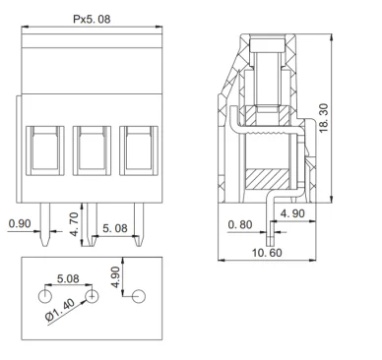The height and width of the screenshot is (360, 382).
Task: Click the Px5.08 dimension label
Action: coord(91,19)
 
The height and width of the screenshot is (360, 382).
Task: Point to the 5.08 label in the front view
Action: coord(117,228)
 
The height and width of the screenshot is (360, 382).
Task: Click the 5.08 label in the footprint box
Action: coord(69,278)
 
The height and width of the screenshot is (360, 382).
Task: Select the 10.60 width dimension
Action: coord(267,253)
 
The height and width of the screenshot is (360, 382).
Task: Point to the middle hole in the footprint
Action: coord(92,296)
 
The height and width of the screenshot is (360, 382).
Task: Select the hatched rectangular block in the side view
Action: coord(267,179)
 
